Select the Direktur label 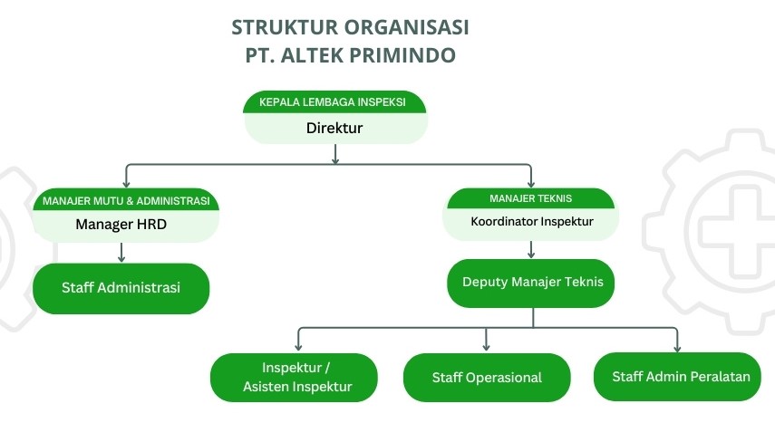(334, 128)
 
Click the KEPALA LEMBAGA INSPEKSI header (335, 101)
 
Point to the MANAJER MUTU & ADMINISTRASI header (126, 200)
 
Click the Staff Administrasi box (121, 288)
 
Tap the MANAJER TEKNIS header (530, 197)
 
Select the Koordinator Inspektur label (532, 221)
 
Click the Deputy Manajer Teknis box (532, 283)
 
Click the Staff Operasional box (487, 377)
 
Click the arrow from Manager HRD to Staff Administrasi (121, 253)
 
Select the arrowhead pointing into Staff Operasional (487, 347)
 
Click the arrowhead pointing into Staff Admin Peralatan (677, 348)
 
